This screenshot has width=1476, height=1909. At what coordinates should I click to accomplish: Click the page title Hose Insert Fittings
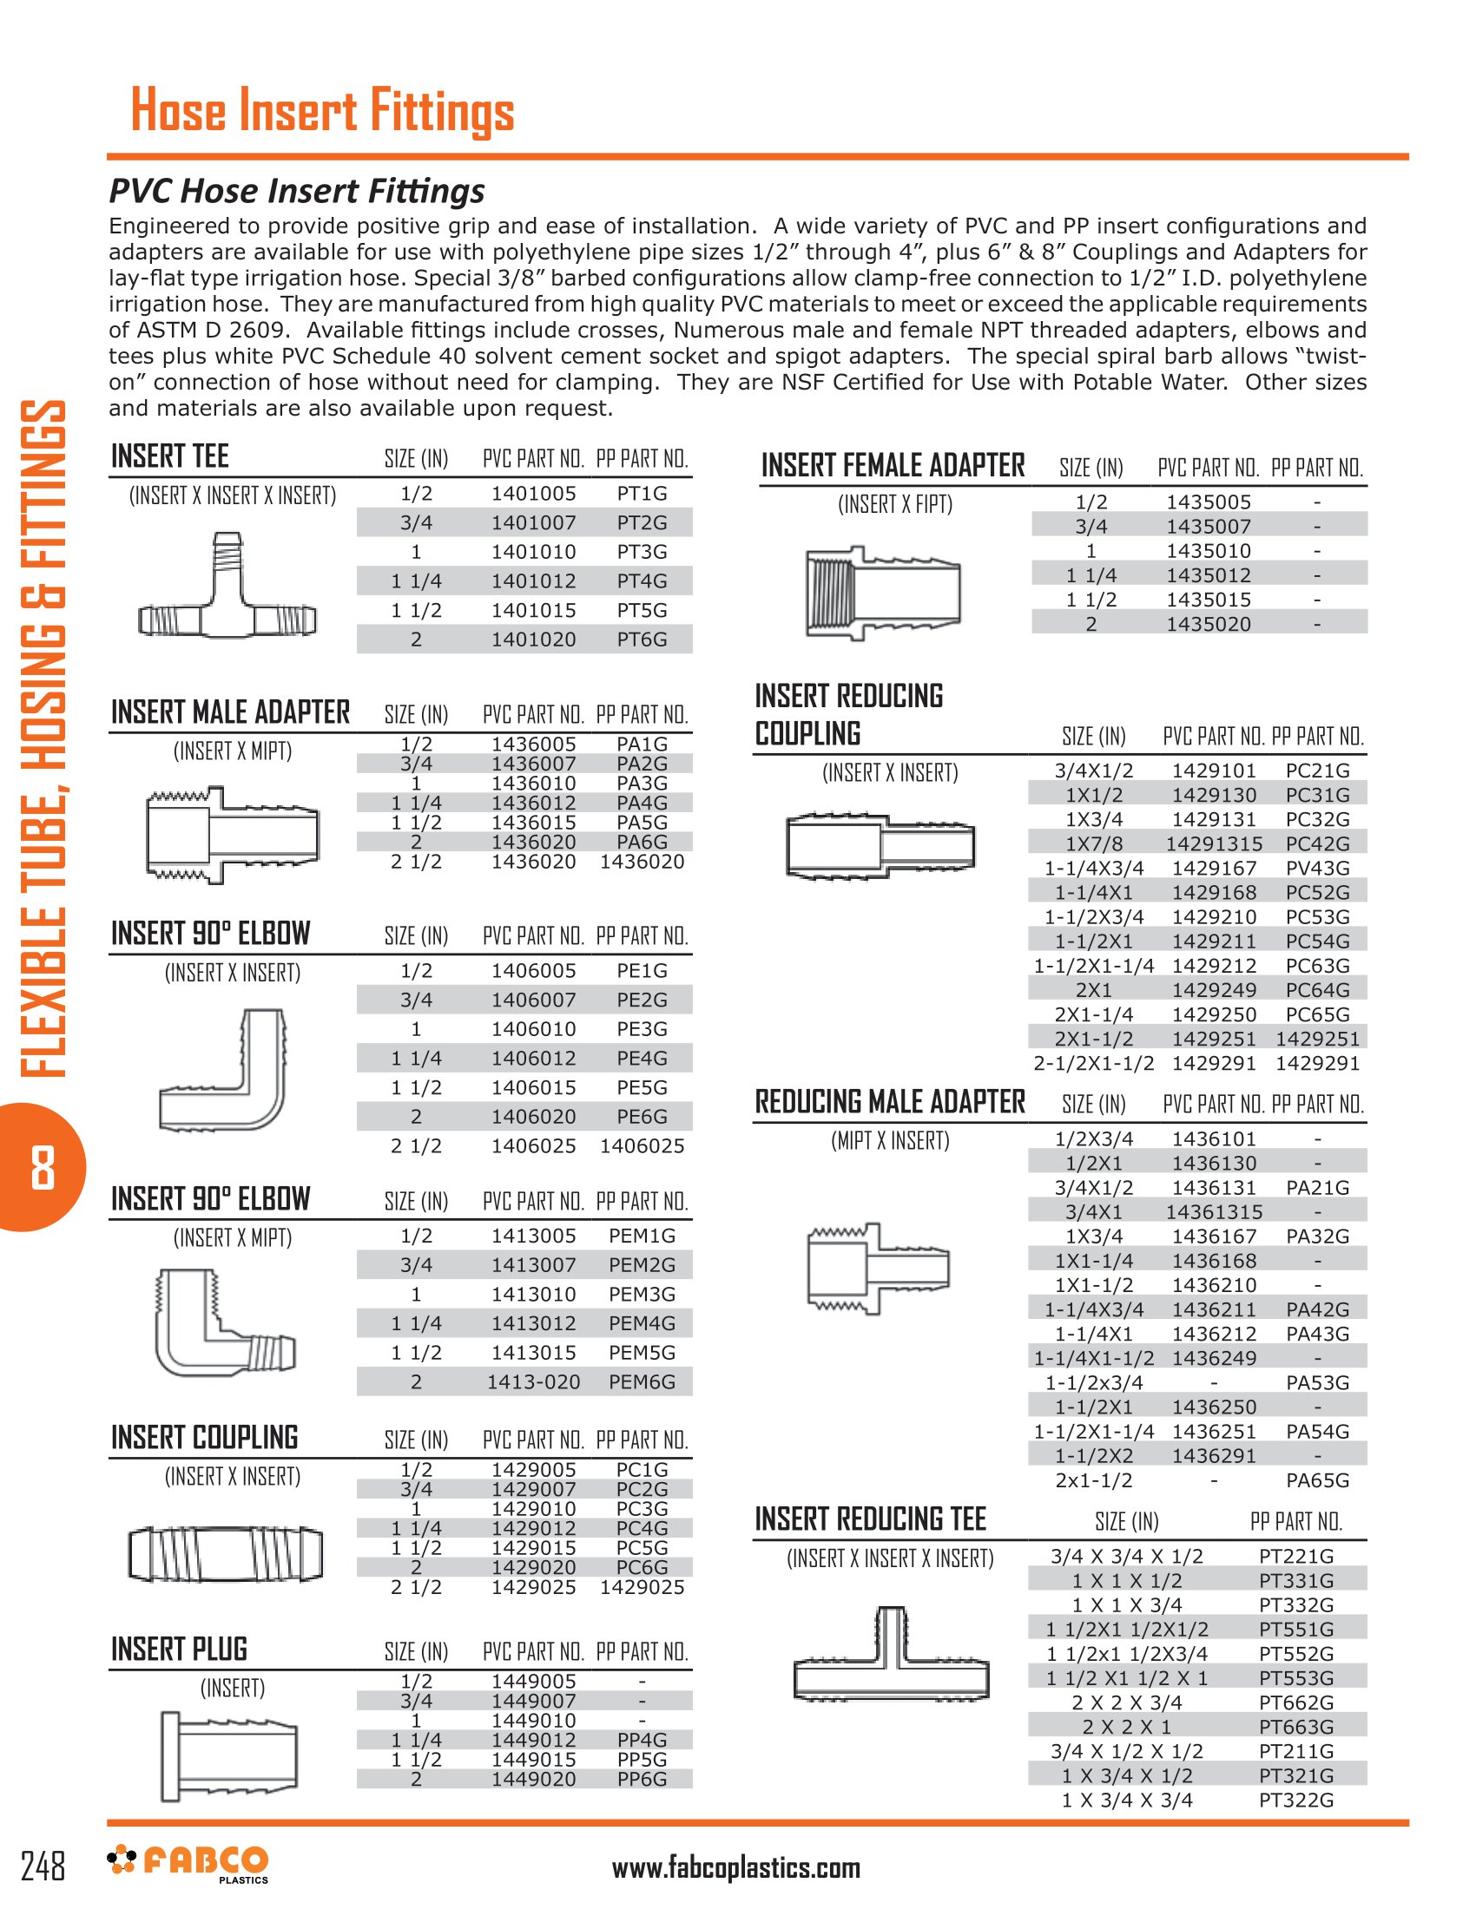pyautogui.click(x=322, y=111)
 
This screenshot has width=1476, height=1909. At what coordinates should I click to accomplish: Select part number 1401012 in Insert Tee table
pyautogui.click(x=533, y=581)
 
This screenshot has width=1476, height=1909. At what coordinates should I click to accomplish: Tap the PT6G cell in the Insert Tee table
pyautogui.click(x=642, y=640)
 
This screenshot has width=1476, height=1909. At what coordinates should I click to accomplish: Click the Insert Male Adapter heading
pyautogui.click(x=230, y=712)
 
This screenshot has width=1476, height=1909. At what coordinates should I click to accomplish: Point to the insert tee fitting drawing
pyautogui.click(x=227, y=586)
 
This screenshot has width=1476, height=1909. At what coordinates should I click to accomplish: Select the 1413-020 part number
pyautogui.click(x=533, y=1382)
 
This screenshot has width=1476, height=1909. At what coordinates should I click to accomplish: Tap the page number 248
pyautogui.click(x=43, y=1866)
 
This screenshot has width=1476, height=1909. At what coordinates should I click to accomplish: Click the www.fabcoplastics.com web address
pyautogui.click(x=735, y=1868)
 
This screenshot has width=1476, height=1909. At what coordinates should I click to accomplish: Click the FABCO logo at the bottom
pyautogui.click(x=188, y=1865)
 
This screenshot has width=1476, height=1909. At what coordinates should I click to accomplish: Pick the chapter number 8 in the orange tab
pyautogui.click(x=42, y=1168)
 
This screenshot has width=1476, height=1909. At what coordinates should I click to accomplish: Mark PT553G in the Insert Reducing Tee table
pyautogui.click(x=1296, y=1678)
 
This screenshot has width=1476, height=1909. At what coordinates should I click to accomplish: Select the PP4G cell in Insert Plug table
pyautogui.click(x=642, y=1741)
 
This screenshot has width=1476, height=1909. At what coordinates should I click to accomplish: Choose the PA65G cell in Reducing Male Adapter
pyautogui.click(x=1317, y=1480)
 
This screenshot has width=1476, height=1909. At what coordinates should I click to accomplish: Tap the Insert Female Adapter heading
pyautogui.click(x=892, y=466)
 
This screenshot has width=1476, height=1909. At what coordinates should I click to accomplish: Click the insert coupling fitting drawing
pyautogui.click(x=226, y=1554)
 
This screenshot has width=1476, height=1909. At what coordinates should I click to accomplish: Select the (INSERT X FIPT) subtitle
pyautogui.click(x=894, y=504)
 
